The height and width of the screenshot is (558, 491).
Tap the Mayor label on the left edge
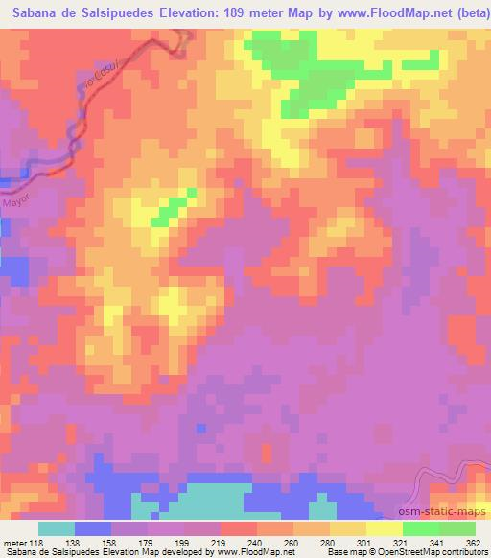tap(17, 202)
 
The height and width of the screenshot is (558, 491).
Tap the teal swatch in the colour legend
tap(56, 528)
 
